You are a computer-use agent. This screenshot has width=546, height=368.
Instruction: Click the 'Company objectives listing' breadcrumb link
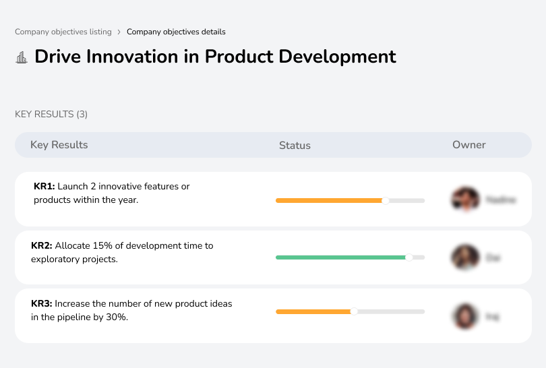[x=63, y=32]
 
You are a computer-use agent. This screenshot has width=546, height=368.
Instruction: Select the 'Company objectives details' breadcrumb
[x=176, y=32]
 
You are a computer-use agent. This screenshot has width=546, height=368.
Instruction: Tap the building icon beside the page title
[x=22, y=57]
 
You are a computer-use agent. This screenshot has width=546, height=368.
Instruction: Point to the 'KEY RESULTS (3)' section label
[x=51, y=115]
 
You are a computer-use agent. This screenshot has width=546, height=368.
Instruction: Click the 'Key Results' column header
[x=59, y=145]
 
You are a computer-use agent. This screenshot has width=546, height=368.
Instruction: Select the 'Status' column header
[x=295, y=146]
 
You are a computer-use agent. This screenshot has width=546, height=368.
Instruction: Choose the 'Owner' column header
[x=468, y=145]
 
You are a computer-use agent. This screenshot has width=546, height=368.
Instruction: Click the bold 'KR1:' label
[x=44, y=187]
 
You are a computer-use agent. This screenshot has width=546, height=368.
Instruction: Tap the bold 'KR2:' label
[x=41, y=246]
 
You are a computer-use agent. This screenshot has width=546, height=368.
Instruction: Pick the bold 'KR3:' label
[x=41, y=304]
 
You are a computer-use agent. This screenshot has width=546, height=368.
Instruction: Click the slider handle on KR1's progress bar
[x=386, y=200]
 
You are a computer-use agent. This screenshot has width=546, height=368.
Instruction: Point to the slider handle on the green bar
[x=408, y=257]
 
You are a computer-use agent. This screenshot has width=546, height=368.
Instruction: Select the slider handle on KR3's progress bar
[x=354, y=311]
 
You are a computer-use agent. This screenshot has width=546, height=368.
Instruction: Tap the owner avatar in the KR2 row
[x=465, y=257]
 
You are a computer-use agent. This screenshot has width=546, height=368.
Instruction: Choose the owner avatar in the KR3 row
[x=465, y=315]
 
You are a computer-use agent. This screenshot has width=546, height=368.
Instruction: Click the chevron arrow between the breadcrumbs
[x=119, y=32]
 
